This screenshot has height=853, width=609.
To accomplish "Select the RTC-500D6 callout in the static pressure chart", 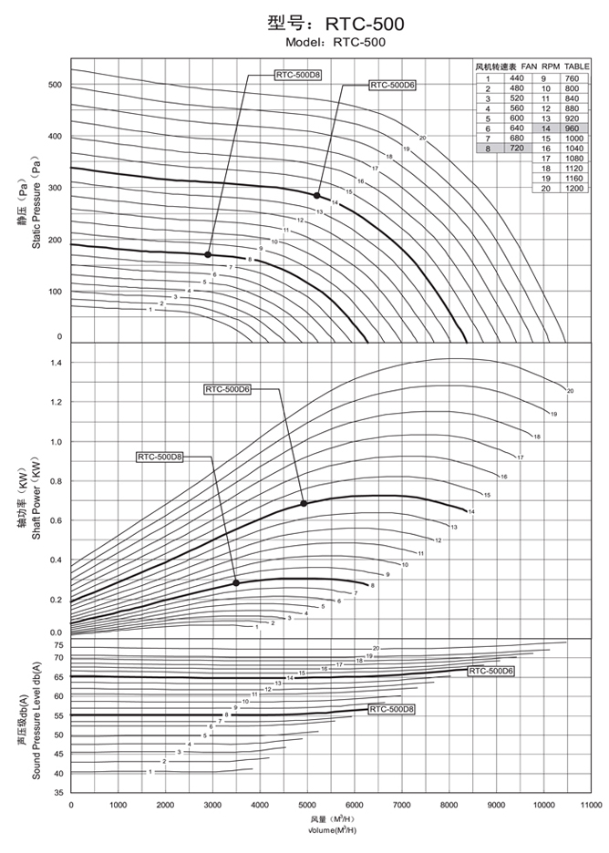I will pos(392,85).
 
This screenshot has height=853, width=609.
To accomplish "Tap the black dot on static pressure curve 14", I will pos(317,195).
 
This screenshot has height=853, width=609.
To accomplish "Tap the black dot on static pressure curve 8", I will pos(208,254).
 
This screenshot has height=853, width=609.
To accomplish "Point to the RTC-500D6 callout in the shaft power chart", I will pos(227,389).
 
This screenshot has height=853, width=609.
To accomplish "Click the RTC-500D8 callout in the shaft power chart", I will pos(160,457).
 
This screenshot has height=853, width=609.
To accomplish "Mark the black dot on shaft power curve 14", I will pos(304,503).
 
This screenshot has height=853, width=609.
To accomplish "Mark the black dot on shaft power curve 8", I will pos(236,582).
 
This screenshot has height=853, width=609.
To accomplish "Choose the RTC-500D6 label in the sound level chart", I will pos(492,671).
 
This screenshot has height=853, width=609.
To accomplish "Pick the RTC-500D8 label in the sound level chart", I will pos(392,708).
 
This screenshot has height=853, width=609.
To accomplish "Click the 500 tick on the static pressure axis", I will pos(54,85).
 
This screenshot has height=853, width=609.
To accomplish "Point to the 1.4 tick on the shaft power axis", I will pos(56,364).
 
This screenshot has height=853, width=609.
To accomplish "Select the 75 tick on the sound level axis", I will pos(58,644).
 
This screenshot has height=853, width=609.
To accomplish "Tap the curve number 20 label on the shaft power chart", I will pos(570,391).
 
